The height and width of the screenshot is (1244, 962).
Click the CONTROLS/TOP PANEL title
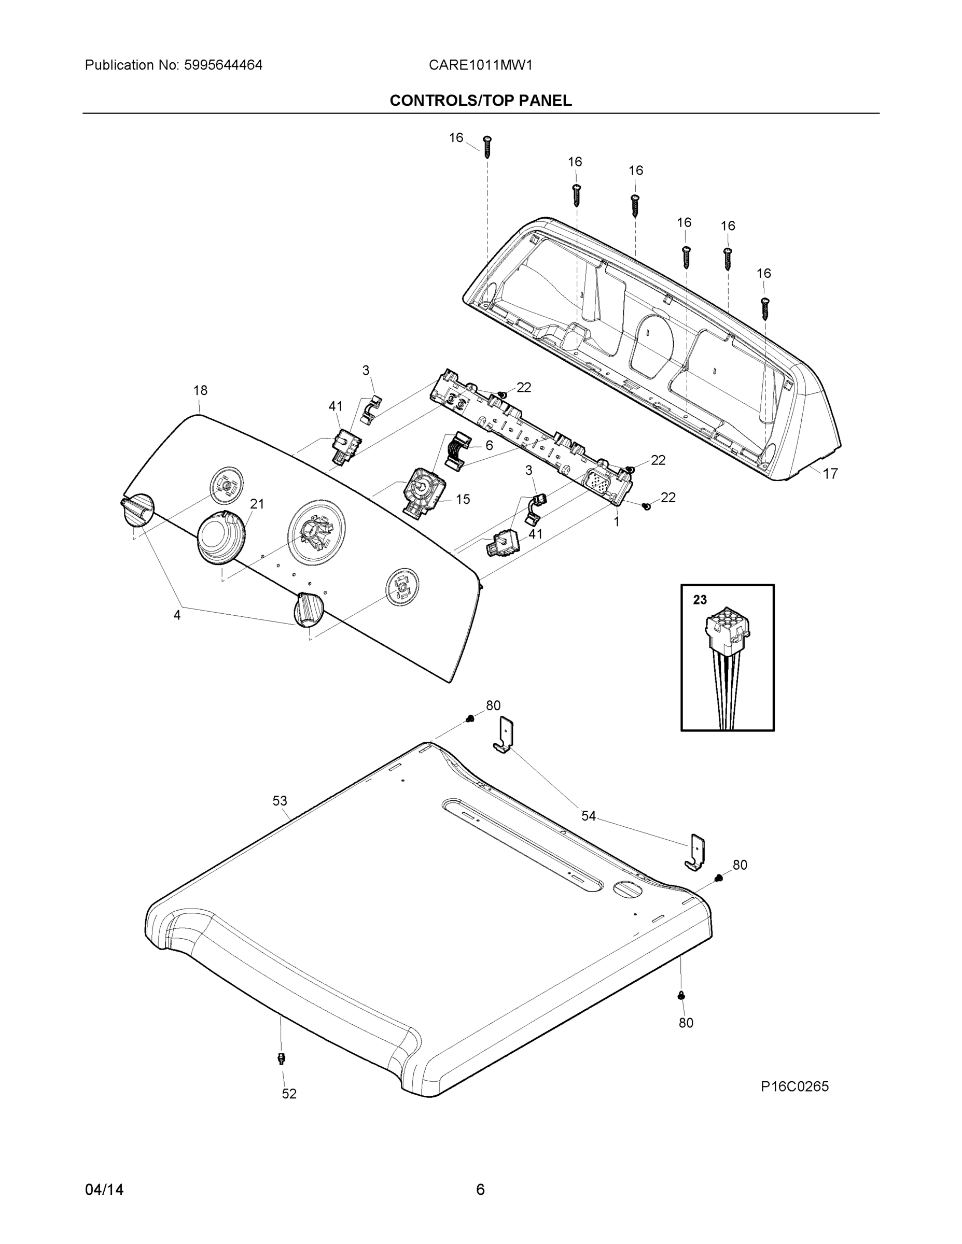point(480,101)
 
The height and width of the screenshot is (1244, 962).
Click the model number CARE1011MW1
point(480,65)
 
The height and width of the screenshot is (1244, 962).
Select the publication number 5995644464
point(223,65)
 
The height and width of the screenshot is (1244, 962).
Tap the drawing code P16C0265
point(794,1086)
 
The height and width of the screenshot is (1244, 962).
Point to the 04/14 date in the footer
point(104,1190)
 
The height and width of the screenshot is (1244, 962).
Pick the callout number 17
point(830,473)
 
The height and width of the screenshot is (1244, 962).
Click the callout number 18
point(200,390)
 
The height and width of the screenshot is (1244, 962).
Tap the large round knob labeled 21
point(221,538)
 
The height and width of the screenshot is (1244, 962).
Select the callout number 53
point(279,801)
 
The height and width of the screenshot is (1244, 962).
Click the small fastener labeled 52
point(281,1058)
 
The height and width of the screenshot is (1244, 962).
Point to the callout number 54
point(588,816)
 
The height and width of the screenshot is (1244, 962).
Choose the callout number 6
point(489,445)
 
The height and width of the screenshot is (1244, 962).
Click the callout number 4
point(177,615)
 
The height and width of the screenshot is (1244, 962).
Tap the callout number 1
point(616,521)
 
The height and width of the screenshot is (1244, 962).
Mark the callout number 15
point(463,500)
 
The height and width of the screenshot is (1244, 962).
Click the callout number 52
point(289,1094)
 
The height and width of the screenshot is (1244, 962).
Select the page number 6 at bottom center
point(480,1190)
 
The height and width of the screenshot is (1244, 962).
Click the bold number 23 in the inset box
point(700,600)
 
